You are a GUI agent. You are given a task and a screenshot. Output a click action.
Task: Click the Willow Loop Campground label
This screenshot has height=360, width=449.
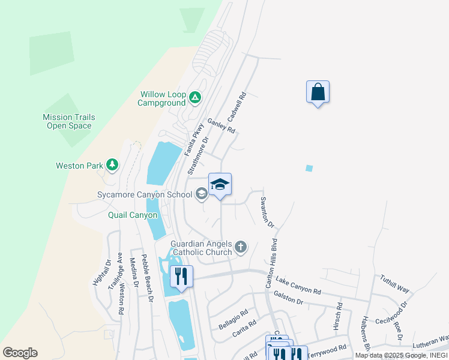point(163,98)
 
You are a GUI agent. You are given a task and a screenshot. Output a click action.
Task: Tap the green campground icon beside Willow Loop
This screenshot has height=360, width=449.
point(194,97)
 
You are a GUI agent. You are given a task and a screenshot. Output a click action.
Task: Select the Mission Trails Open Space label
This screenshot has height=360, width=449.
point(69,122)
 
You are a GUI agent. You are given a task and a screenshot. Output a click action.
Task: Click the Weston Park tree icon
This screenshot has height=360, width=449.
point(112,164)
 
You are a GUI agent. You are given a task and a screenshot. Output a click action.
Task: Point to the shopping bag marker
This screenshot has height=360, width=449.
point(318,92)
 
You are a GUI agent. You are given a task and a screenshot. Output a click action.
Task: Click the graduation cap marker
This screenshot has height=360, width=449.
point(220,185)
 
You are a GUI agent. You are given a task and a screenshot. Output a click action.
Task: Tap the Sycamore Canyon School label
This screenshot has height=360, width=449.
point(145,194)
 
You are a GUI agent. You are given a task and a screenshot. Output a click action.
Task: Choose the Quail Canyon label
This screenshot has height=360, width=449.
point(133,215)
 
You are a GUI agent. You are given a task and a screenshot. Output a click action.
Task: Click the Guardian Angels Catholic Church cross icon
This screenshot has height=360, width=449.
point(240,247)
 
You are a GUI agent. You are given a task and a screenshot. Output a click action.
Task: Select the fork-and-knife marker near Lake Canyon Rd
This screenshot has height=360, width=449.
point(181,277)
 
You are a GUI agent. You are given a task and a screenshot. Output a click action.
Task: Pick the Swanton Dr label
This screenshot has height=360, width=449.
point(267,214)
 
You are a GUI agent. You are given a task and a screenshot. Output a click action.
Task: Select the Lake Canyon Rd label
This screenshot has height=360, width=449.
point(298,285)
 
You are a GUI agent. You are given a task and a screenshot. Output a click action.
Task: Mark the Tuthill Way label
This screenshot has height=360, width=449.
point(394,284)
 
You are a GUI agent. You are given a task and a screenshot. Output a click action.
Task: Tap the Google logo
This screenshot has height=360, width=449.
point(20,353)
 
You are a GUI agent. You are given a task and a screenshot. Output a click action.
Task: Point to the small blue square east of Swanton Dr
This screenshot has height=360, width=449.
point(309,169)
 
